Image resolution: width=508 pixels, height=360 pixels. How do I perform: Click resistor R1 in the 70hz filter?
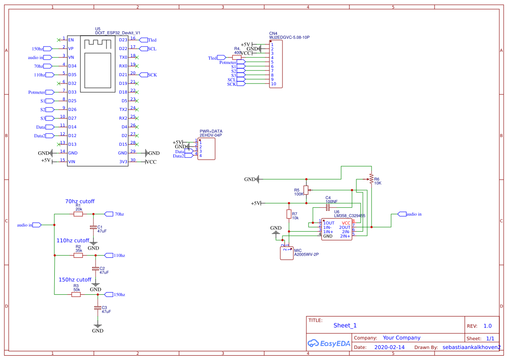78,214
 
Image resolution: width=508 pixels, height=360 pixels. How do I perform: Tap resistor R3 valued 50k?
76,294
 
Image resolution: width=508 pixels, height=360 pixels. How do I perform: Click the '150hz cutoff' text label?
75,280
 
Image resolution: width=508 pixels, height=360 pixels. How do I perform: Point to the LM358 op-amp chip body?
336,229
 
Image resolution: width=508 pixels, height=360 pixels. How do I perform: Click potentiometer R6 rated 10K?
371,179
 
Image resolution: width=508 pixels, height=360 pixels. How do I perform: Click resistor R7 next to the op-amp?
289,214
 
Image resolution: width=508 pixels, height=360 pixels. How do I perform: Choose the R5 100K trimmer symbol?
306,190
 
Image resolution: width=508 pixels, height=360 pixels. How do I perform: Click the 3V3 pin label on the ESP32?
123,162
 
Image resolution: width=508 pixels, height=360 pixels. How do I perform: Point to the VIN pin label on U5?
72,162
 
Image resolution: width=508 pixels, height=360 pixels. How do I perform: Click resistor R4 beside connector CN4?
237,57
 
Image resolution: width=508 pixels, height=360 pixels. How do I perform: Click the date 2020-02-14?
389,347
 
